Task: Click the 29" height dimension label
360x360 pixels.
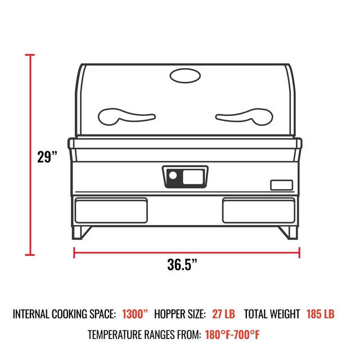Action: [x=47, y=156]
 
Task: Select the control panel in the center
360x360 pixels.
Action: [x=185, y=177]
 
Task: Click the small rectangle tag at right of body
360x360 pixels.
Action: [x=281, y=185]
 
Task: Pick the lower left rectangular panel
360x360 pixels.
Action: [x=111, y=210]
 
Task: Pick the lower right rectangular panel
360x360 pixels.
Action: [x=258, y=210]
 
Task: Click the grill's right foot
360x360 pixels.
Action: [x=288, y=232]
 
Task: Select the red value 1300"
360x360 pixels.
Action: [x=135, y=314]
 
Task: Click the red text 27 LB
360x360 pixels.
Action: [x=224, y=314]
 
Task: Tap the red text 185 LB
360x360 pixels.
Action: [x=321, y=314]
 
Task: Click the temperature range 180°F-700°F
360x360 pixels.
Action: [x=232, y=335]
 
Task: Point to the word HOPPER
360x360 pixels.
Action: [x=172, y=314]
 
